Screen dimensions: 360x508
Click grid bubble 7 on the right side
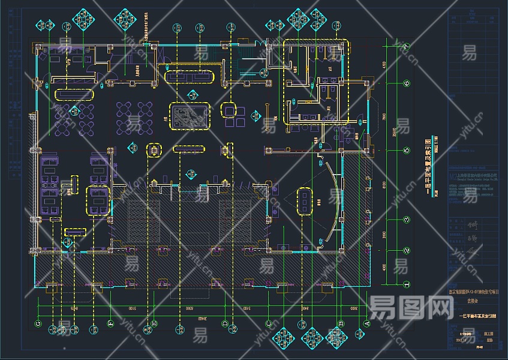coord(406,46)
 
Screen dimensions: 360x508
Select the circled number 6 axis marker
coord(406,83)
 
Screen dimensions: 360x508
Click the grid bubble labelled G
coord(38,324)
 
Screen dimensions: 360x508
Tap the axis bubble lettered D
coord(225,324)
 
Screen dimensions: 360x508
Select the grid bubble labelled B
coord(341,324)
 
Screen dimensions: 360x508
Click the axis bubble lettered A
coord(367,324)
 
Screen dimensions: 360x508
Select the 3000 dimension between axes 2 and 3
coord(384,233)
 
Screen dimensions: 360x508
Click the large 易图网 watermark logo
coord(411,308)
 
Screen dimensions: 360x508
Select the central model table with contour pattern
coord(190,115)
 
